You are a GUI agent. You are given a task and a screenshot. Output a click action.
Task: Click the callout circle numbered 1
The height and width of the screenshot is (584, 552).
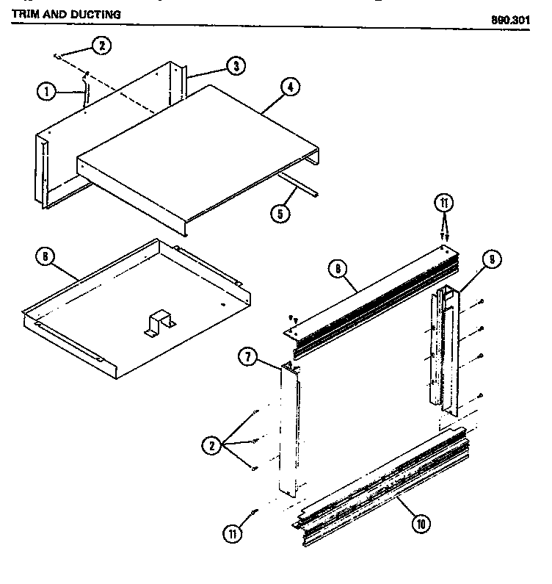pos(46,92)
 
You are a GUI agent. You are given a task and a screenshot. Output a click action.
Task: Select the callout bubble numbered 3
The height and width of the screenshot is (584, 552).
pos(234,65)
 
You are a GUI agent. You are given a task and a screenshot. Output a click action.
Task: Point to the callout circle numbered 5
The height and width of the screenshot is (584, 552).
pos(279,214)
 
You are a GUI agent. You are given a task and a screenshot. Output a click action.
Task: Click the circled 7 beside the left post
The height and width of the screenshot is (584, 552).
pos(247,357)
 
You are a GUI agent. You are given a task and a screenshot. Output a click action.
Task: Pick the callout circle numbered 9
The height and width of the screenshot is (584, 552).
pos(492,259)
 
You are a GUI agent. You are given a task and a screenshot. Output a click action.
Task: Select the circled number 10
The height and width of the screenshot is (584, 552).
pos(421,524)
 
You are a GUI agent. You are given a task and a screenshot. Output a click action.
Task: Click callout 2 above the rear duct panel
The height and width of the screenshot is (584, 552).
pos(101,46)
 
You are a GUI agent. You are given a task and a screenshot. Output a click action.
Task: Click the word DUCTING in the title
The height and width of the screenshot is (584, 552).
pos(93,15)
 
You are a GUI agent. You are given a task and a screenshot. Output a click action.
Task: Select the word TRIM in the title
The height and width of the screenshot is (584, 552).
pos(26,15)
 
